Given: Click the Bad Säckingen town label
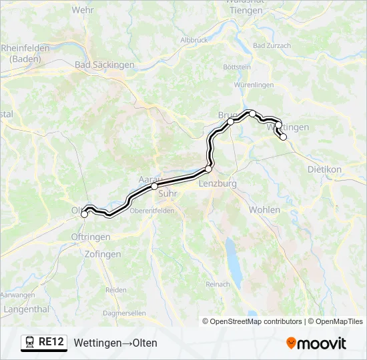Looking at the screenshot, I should pos(104,65).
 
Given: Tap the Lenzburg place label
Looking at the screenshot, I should pos(218,183).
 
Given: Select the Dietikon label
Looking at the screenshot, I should pos(324,169).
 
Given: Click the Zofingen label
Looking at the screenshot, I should pos(103,254).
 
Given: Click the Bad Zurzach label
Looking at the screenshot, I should pos(272,45).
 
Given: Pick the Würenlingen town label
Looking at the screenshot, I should pos(254,85).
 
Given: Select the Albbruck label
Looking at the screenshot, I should pos(195,40).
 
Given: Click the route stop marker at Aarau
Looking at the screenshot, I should pos(154,187).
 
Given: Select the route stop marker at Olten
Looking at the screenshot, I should pos(85,214).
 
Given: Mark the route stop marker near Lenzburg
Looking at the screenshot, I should pos(208,169).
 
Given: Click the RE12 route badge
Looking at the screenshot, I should pos(44,343).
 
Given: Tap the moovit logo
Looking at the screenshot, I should pos(316,343).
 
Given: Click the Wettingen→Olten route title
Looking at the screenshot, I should pos(115,343).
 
